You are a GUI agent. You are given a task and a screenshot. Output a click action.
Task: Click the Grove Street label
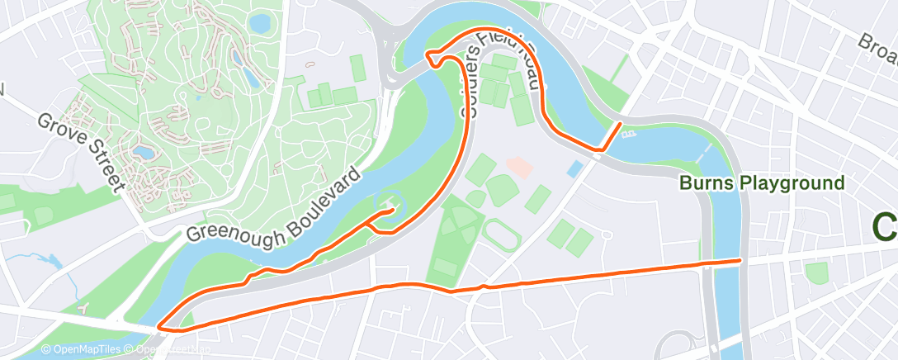click(79, 153)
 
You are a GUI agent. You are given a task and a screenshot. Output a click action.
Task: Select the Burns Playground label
click(761, 182)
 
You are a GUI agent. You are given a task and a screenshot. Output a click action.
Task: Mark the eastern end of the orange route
click(739, 261)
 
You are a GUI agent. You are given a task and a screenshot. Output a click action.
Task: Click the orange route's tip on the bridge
click(619, 125)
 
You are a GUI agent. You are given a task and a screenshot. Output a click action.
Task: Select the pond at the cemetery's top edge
click(260, 23)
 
